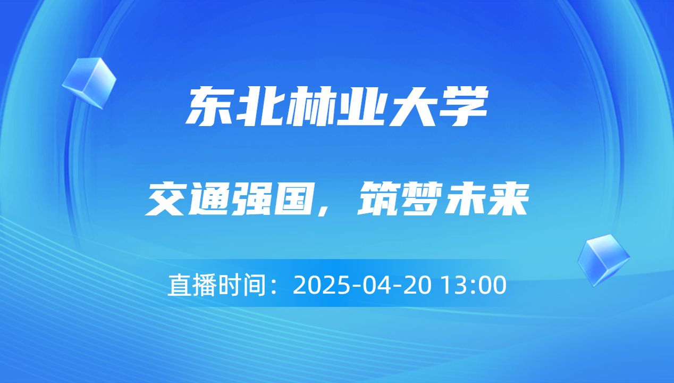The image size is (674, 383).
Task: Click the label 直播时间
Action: tap(216, 286)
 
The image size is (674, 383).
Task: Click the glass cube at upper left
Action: tap(89, 82)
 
